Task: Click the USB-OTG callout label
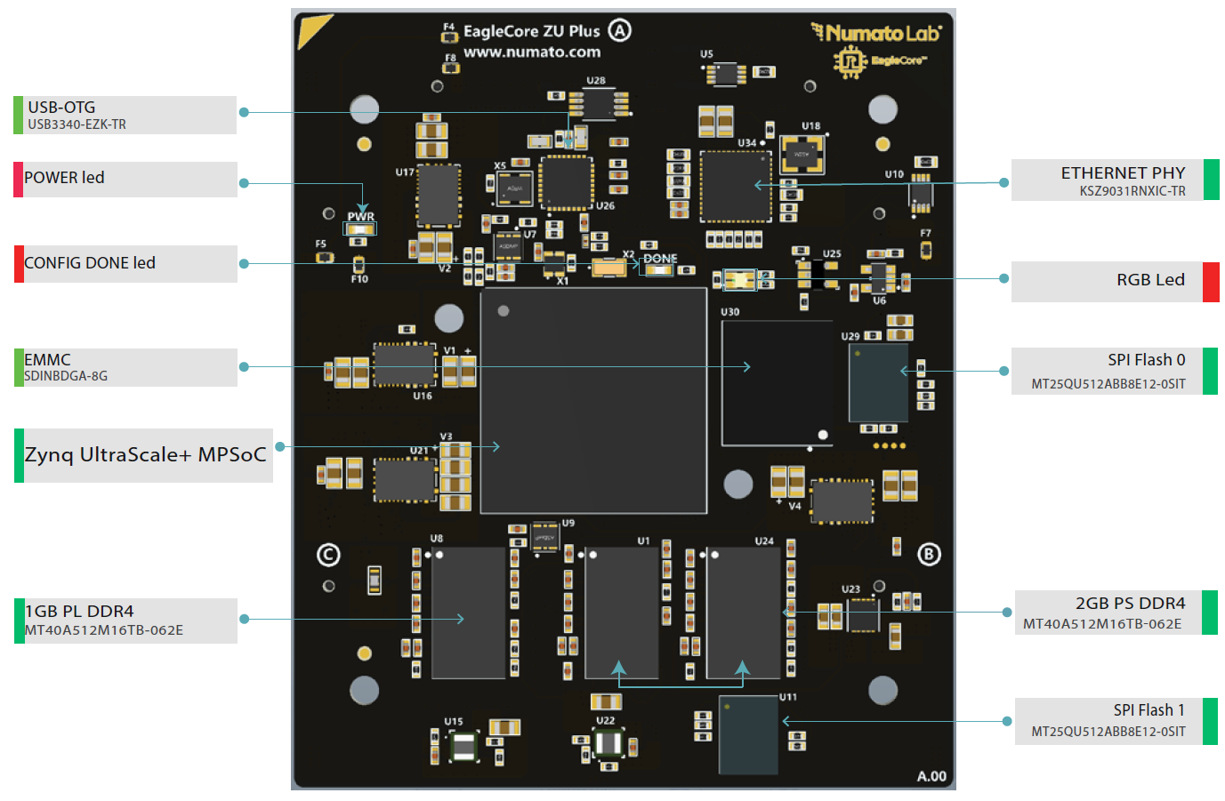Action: [125, 115]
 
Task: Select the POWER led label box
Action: [125, 179]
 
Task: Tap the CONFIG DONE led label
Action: [125, 263]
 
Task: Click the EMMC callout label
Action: [125, 367]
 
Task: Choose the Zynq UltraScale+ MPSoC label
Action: [144, 455]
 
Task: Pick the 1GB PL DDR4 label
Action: [125, 621]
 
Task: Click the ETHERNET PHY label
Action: [1115, 180]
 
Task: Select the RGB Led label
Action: [1115, 281]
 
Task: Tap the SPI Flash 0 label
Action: [1115, 371]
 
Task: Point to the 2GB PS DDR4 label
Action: [1115, 613]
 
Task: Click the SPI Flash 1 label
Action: [1115, 721]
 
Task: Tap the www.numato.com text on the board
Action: [532, 52]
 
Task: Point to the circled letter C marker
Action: [328, 555]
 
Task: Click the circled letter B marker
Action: [929, 555]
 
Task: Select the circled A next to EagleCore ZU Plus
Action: [619, 31]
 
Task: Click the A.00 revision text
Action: [931, 776]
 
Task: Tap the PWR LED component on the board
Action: [360, 229]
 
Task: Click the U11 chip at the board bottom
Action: [748, 734]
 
